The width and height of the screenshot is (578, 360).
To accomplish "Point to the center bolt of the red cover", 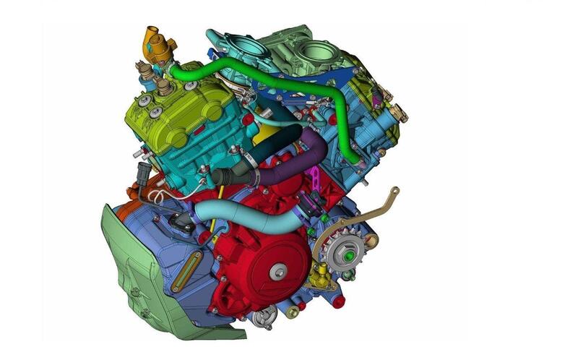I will pyautogui.click(x=278, y=272).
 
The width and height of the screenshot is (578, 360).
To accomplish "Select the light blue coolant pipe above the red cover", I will pyautogui.click(x=238, y=210).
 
